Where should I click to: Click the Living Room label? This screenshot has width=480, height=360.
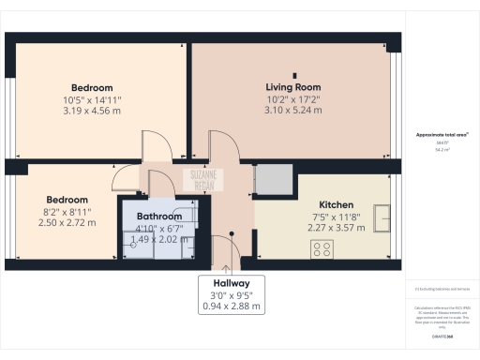pos(292,87)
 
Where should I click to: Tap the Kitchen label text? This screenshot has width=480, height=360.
pos(336,204)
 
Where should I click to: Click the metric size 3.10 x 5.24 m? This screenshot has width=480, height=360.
pos(292,111)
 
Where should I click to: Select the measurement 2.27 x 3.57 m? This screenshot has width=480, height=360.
pos(336,226)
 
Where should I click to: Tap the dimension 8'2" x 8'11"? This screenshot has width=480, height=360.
pos(67,212)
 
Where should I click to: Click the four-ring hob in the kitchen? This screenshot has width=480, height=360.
pos(322,249)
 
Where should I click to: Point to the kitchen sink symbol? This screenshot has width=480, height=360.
pos(382,218)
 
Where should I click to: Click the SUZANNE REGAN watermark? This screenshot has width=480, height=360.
pos(203,177)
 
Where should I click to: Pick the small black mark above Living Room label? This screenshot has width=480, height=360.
pos(293,74)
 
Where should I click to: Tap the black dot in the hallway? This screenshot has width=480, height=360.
pos(230,234)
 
